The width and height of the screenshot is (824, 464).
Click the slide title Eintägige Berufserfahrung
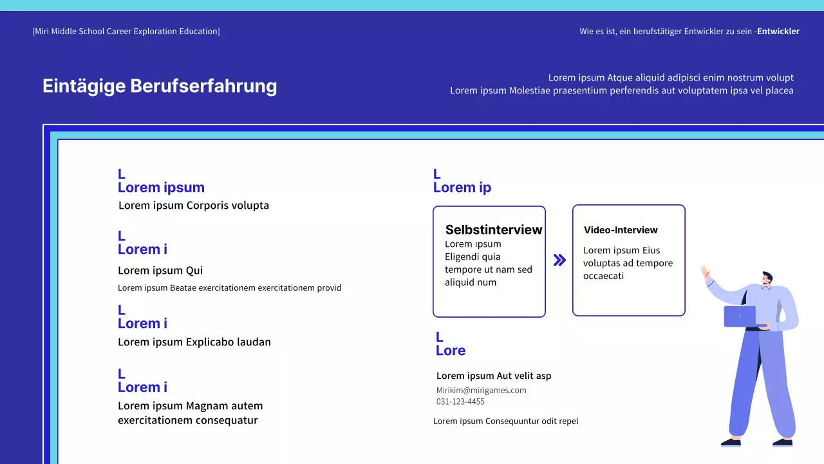(x=160, y=86)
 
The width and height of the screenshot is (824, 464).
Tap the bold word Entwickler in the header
(x=778, y=31)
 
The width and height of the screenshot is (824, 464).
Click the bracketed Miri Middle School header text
(x=126, y=31)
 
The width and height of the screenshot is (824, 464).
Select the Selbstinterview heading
(x=494, y=230)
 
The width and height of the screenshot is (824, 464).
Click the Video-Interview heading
(x=621, y=230)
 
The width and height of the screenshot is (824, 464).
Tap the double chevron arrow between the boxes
(x=559, y=260)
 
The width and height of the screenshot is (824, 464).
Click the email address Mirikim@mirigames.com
(x=481, y=390)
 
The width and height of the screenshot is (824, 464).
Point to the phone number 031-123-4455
(x=460, y=401)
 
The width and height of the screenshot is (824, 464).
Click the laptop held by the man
(x=740, y=316)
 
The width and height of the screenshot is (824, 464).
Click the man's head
(x=765, y=279)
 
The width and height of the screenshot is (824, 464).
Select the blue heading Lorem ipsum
(x=161, y=188)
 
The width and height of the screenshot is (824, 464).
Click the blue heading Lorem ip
(x=462, y=188)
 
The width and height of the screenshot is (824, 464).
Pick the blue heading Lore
(x=451, y=351)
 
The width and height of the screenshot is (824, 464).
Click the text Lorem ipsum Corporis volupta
(x=194, y=206)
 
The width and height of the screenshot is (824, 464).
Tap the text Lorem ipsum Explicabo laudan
(x=194, y=342)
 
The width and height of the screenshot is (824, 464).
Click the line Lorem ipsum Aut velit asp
(x=494, y=376)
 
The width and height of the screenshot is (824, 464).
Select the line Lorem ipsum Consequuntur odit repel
(x=505, y=421)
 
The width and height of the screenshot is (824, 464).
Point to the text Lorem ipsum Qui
(x=160, y=271)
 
